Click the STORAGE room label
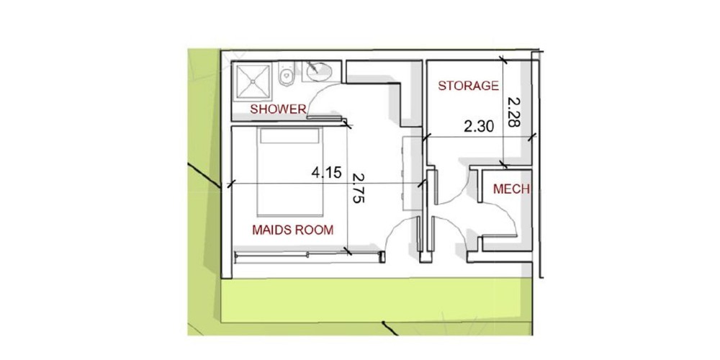coord(468,86)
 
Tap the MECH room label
coord(511,189)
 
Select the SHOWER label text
coord(278,109)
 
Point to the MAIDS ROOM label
coord(292,230)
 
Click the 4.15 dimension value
coord(326,173)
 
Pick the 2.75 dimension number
coord(358,188)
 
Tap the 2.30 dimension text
coord(479,126)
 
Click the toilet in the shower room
coord(287,73)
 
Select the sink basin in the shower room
coord(319,72)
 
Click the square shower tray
coord(252,81)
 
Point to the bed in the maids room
coord(289,172)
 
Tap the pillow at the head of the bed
coord(289,136)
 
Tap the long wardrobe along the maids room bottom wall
coord(309,257)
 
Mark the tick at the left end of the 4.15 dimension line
coord(231,184)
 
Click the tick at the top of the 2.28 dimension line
coord(504,60)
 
